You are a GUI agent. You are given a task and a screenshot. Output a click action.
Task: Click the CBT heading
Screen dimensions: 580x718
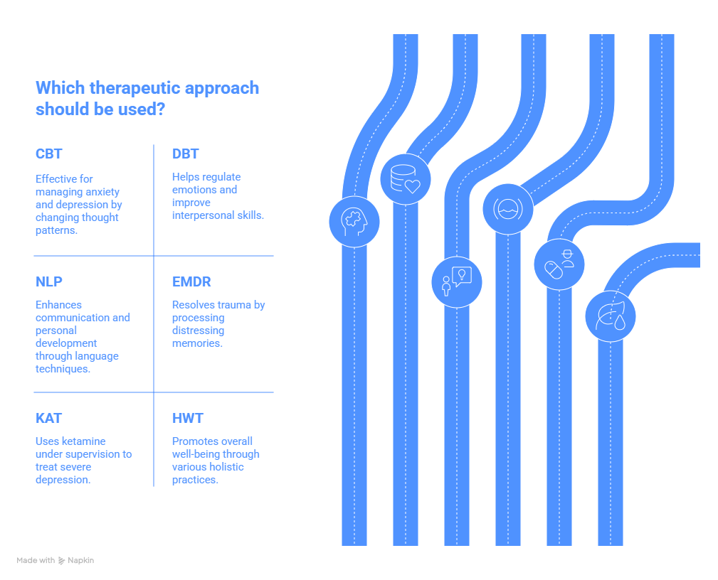point(49,154)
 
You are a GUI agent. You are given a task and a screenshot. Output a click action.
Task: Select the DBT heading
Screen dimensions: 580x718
point(185,154)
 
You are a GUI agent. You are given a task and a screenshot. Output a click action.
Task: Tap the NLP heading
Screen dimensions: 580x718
point(49,282)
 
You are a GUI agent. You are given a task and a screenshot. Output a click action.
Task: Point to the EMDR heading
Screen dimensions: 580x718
point(191,282)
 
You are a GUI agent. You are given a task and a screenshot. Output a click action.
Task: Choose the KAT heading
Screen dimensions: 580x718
point(49,419)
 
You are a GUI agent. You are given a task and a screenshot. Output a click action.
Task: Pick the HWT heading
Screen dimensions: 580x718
point(188,419)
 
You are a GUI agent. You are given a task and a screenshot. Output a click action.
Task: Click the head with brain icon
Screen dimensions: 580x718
point(354,221)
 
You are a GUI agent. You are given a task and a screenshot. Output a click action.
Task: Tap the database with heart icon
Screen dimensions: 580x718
point(405,178)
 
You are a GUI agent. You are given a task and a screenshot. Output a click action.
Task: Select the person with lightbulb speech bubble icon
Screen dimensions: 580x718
point(456,281)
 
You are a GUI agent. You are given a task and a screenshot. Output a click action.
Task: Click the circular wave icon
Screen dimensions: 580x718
point(507,208)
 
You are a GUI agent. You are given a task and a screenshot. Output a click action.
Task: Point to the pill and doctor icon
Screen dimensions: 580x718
point(559,264)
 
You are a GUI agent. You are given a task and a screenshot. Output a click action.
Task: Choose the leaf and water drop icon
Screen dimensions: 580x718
point(610,316)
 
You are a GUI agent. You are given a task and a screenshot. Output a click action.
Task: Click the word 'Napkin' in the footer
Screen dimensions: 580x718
point(80,561)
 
